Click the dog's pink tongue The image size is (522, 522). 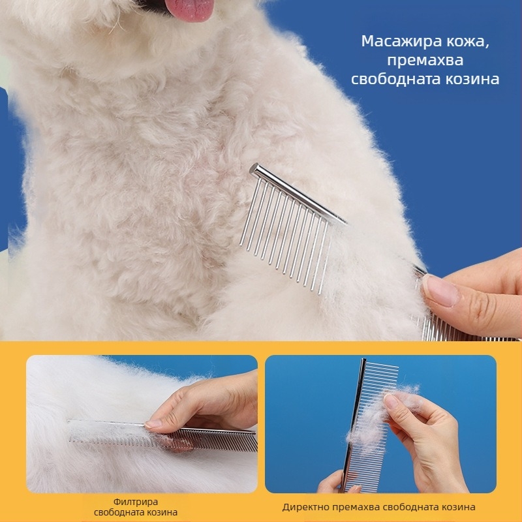(x=189, y=10)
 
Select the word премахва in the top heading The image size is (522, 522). (x=425, y=61)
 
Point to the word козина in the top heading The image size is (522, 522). (x=472, y=79)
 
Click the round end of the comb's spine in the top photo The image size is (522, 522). (x=255, y=170)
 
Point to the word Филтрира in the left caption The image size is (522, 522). (x=136, y=501)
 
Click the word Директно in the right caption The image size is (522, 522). (x=305, y=507)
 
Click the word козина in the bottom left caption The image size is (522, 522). (x=160, y=512)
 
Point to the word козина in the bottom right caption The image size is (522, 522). (x=459, y=507)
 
